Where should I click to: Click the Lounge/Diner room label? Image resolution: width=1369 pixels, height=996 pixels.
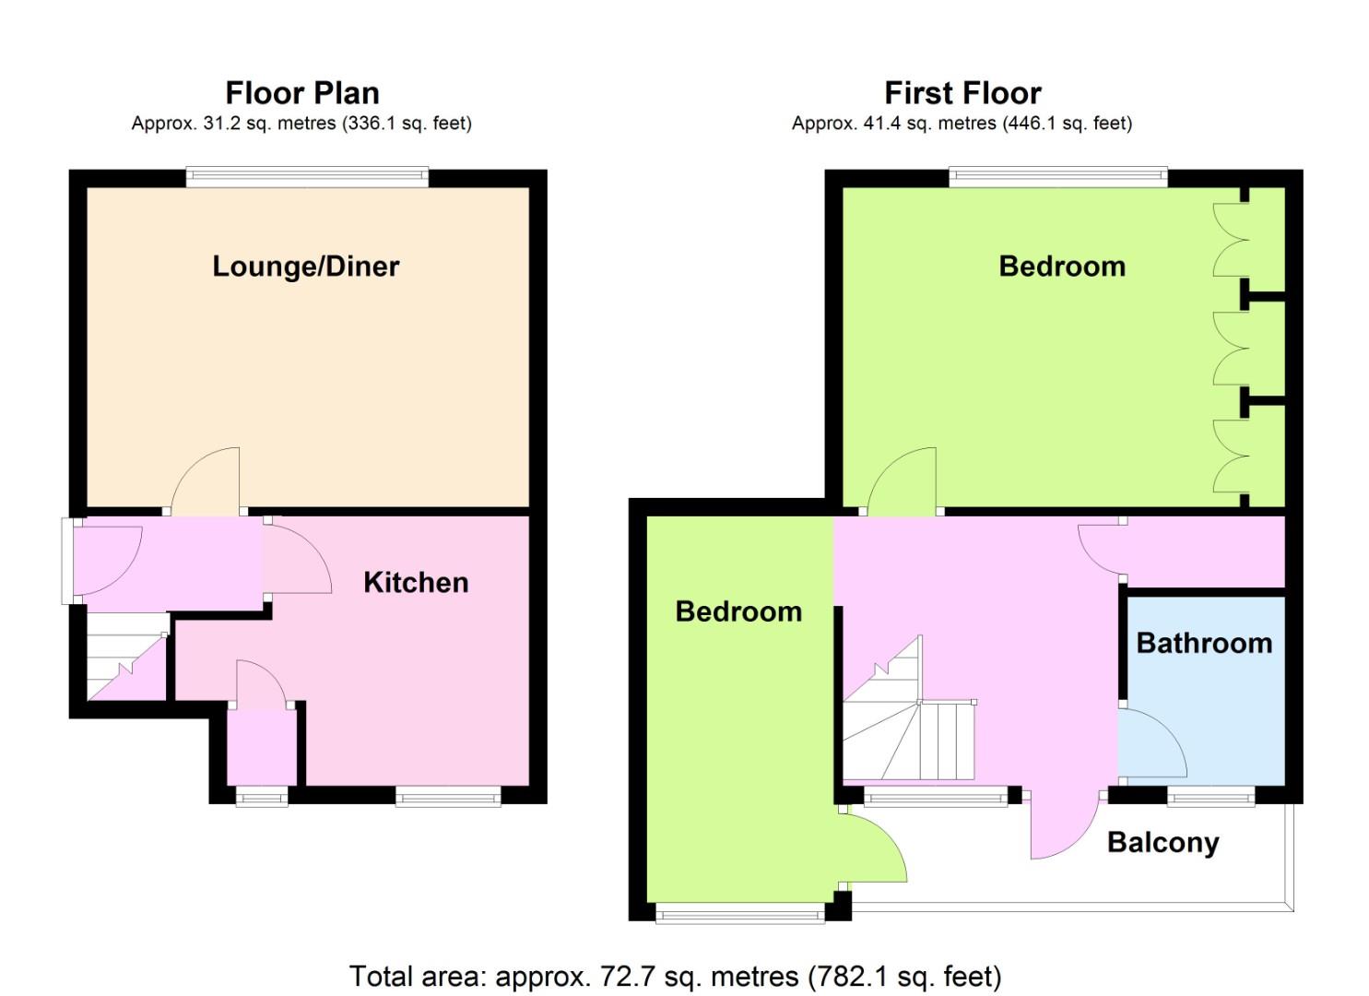305,267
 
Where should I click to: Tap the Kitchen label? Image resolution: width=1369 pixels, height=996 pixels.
416,583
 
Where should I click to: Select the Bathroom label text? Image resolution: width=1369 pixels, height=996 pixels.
1205,644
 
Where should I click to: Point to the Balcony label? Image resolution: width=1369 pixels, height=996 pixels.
1163,844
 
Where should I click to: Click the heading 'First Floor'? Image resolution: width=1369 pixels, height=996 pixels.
962,93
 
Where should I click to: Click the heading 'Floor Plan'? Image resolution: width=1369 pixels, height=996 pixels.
302,93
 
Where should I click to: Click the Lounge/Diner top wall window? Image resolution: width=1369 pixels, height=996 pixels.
307,177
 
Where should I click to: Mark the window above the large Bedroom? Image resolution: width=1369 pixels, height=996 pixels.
1058,177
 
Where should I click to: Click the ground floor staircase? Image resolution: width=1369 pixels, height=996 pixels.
127,657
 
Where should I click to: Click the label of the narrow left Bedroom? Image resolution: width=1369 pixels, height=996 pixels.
738,612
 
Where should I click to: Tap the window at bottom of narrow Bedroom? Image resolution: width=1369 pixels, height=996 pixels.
740,915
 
